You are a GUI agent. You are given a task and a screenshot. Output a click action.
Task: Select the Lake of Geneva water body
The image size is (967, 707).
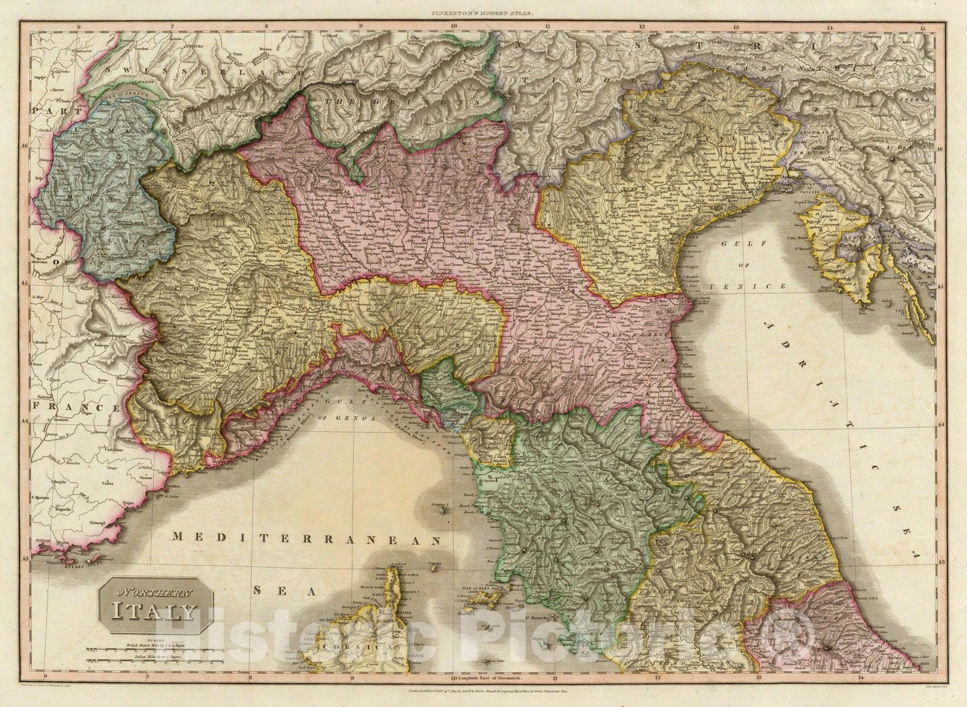pyautogui.click(x=118, y=95)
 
